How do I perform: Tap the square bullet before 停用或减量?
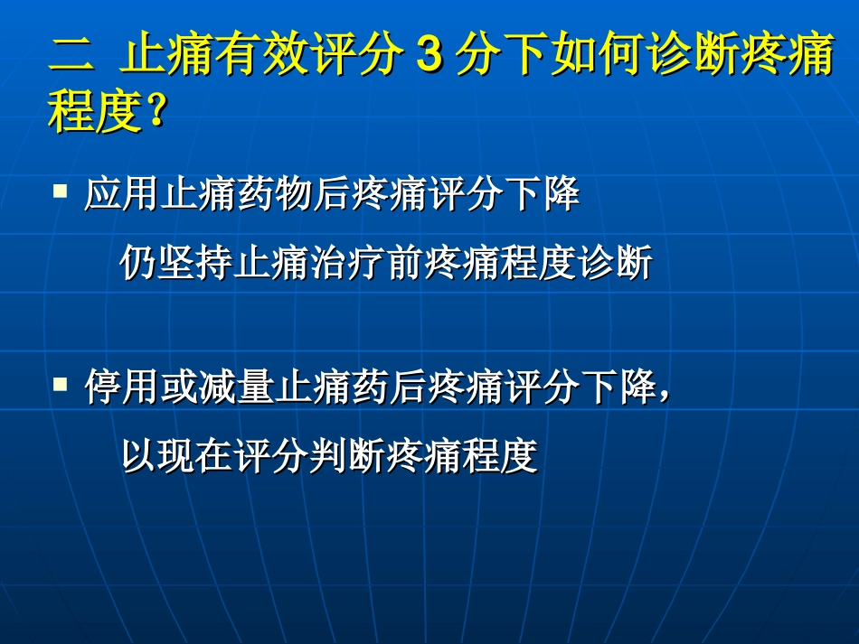(x=61, y=384)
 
